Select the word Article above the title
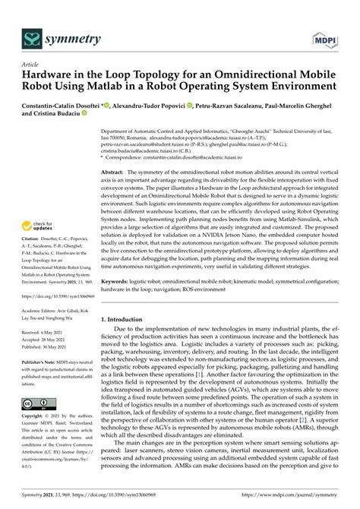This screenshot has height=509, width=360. coord(31,65)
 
